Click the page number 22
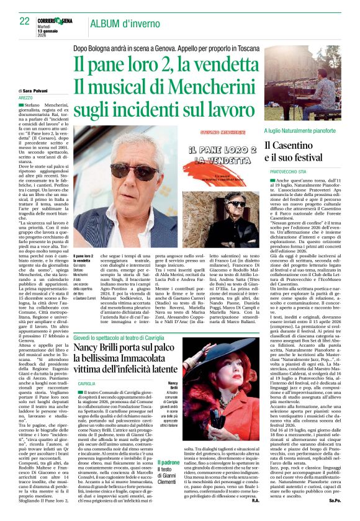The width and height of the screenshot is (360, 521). point(24,21)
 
